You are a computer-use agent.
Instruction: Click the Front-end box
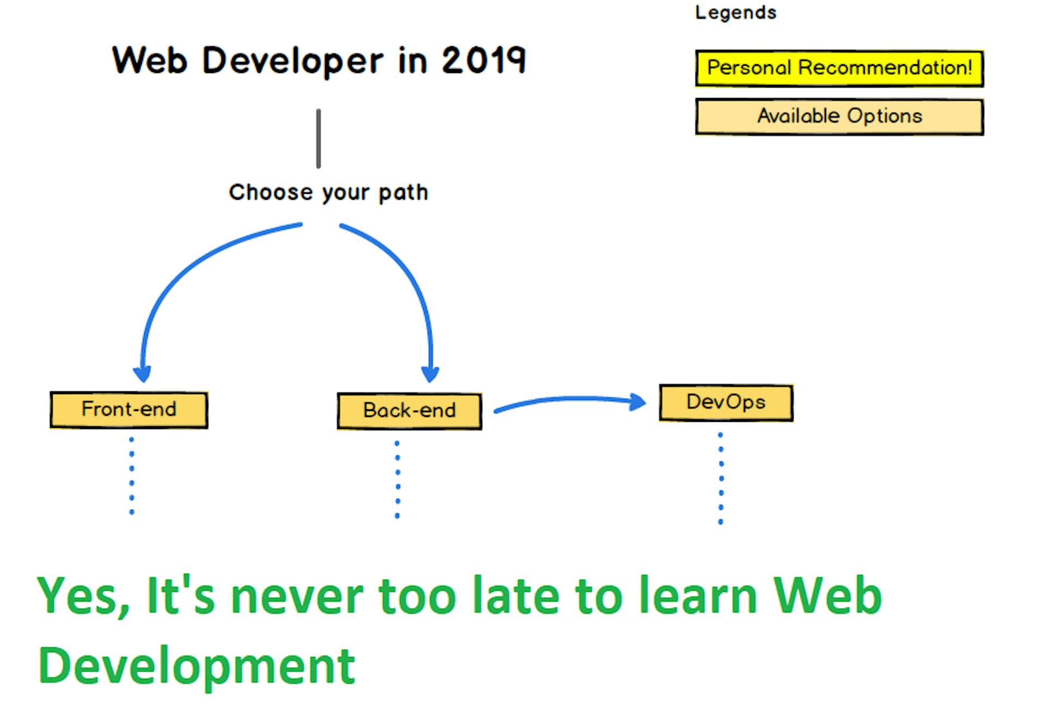[x=129, y=409]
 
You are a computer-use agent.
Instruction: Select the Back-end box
[x=409, y=411]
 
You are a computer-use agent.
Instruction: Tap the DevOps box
[x=726, y=402]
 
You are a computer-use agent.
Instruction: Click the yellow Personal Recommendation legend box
[x=839, y=68]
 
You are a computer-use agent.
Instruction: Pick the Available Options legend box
[x=839, y=116]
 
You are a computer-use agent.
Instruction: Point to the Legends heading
[x=735, y=13]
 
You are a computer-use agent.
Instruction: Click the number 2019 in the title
[x=483, y=60]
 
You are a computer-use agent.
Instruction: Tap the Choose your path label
[x=328, y=192]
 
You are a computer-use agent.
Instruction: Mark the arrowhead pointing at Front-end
[x=142, y=374]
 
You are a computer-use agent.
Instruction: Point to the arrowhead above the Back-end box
[x=430, y=374]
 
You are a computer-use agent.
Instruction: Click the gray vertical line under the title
[x=318, y=139]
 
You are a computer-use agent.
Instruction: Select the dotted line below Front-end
[x=132, y=475]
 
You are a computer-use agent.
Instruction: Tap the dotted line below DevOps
[x=721, y=478]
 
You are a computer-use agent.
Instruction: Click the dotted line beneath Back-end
[x=397, y=479]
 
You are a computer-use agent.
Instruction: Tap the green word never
[x=297, y=596]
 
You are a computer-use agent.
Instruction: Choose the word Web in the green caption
[x=827, y=596]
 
